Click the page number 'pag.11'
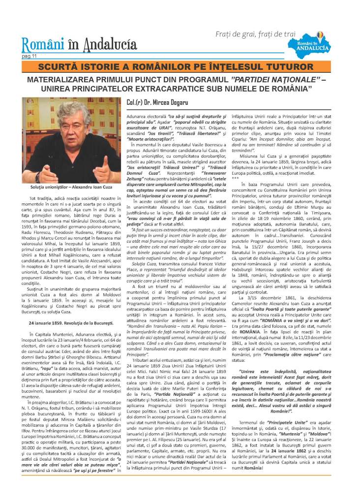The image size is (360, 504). pos(29,56)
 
